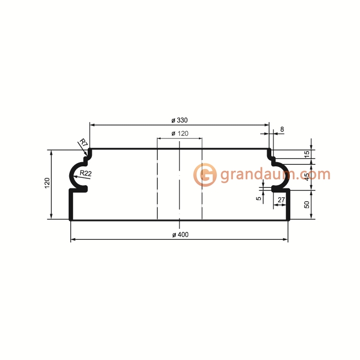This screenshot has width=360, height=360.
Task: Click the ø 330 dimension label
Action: tap(179, 120)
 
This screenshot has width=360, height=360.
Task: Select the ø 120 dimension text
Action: tap(179, 134)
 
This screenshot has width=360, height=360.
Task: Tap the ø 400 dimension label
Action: tap(179, 234)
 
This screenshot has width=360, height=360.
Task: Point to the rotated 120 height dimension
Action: tap(47, 183)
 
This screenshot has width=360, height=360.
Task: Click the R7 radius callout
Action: tap(83, 142)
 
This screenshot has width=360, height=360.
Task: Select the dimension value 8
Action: tap(282, 129)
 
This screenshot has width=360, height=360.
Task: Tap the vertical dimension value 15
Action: tap(307, 154)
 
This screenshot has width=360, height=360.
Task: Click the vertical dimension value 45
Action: tap(307, 176)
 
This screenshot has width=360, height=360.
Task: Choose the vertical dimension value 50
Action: tap(307, 205)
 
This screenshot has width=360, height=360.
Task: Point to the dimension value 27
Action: tap(281, 200)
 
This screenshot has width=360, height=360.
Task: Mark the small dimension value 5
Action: tap(258, 198)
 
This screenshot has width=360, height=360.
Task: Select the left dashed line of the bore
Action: tap(157, 184)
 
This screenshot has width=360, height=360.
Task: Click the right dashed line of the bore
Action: tap(202, 184)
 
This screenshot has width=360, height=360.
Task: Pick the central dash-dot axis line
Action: tap(179, 184)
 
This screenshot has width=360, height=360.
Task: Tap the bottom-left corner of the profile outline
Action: tap(71, 219)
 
